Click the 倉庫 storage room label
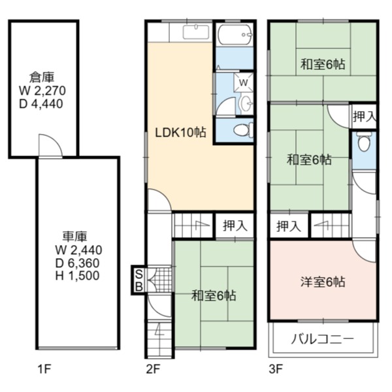pyautogui.click(x=42, y=78)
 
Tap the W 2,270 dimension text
pyautogui.click(x=42, y=91)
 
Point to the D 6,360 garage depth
pyautogui.click(x=77, y=263)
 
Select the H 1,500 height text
pyautogui.click(x=77, y=276)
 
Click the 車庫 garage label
pyautogui.click(x=74, y=237)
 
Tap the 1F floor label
pyautogui.click(x=44, y=369)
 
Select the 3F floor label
pyautogui.click(x=276, y=369)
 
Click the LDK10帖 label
pyautogui.click(x=180, y=133)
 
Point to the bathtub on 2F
pyautogui.click(x=235, y=35)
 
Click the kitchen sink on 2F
pyautogui.click(x=196, y=32)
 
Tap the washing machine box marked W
pyautogui.click(x=243, y=82)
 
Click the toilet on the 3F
pyautogui.click(x=364, y=142)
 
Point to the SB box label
pyautogui.click(x=139, y=281)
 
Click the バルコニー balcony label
pyautogui.click(x=323, y=339)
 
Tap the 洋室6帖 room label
pyautogui.click(x=323, y=282)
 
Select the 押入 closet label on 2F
pyautogui.click(x=235, y=226)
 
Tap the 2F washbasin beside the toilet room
pyautogui.click(x=246, y=103)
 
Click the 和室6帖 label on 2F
pyautogui.click(x=214, y=295)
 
